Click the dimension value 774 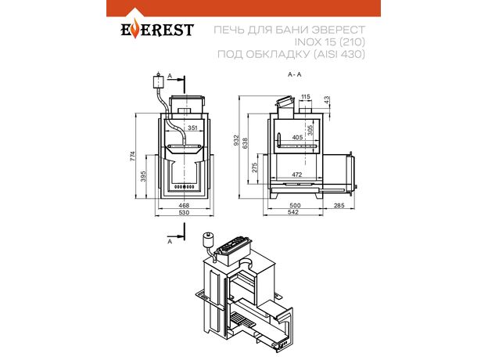(x=133, y=156)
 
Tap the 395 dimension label (x=143, y=176)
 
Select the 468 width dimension (x=184, y=205)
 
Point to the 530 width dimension (x=184, y=213)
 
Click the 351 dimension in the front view (x=192, y=128)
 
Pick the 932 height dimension (x=236, y=140)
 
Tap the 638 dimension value (x=246, y=143)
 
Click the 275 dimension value (x=255, y=167)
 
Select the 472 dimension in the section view (x=297, y=175)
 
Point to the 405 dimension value (x=297, y=137)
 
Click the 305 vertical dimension (x=310, y=130)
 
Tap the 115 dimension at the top (x=306, y=97)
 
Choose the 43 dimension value (x=326, y=100)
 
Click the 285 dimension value (x=339, y=205)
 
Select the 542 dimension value (x=293, y=212)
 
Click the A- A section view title (x=295, y=74)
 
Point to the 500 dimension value (x=295, y=205)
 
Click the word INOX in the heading (x=303, y=41)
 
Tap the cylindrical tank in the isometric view (x=208, y=240)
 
